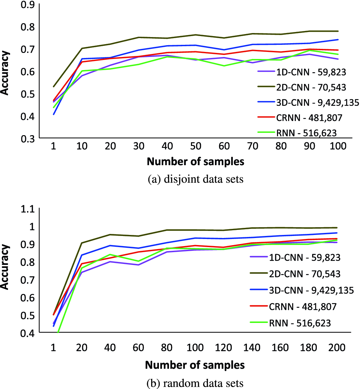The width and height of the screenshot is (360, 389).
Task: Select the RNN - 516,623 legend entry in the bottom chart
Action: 300,323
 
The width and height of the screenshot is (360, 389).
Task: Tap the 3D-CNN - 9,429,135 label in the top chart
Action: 317,102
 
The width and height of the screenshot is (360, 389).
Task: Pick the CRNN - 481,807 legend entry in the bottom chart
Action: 303,306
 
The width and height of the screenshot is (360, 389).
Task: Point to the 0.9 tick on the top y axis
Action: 28,4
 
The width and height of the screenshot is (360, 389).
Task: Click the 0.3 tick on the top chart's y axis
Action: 28,138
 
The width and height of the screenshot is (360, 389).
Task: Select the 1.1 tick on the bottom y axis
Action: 28,209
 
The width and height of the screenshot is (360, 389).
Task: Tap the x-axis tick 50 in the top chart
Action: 196,146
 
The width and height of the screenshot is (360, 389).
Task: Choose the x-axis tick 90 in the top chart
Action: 309,146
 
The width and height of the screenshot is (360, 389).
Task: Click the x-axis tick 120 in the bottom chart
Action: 223,347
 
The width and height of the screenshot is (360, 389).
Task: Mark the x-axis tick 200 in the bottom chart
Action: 337,347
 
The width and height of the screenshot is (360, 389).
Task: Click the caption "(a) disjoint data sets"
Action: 196,179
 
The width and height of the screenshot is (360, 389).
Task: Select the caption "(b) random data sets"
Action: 195,383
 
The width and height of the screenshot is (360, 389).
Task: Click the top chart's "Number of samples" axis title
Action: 196,161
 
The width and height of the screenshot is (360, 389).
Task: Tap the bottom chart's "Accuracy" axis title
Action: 5,267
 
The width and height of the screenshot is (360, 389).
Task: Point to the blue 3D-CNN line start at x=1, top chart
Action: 53,114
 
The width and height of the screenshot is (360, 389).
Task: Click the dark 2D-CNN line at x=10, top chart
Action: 82,48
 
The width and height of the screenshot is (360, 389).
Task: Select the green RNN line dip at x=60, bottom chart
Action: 139,261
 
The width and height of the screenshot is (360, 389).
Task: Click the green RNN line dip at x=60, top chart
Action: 224,66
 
